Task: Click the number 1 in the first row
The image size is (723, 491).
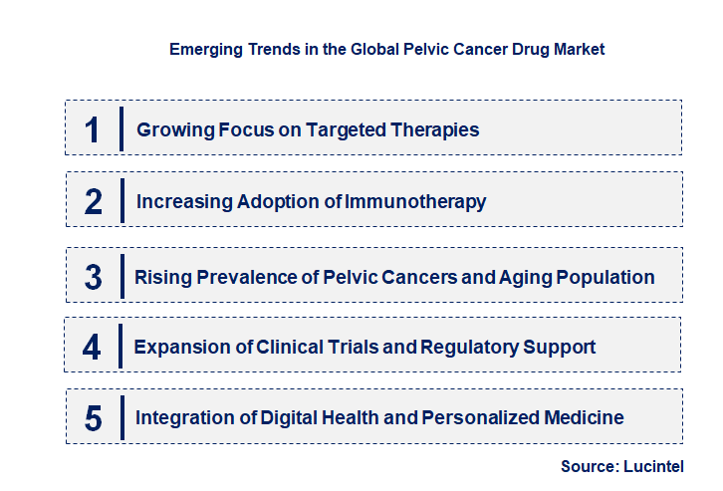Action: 93,129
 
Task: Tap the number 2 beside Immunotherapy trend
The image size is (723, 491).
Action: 93,201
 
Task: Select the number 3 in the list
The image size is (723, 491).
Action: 93,277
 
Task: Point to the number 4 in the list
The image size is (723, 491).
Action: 93,347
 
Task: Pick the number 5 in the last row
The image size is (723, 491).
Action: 93,418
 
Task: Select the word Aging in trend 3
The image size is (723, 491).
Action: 532,277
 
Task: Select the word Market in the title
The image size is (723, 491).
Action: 579,49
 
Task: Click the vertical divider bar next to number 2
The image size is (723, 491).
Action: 121,201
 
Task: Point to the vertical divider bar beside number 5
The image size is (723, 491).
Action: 121,418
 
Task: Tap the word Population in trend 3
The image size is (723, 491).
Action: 608,277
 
